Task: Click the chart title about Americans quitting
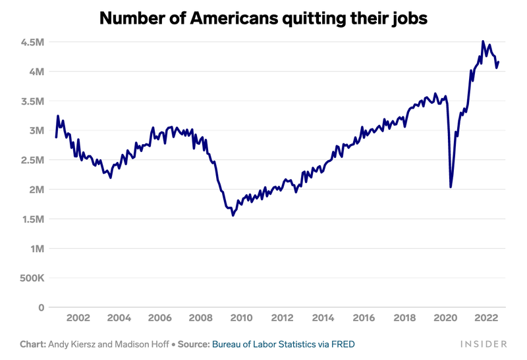click(263, 18)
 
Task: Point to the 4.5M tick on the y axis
click(31, 42)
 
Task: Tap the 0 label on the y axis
click(41, 307)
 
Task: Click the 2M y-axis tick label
click(36, 190)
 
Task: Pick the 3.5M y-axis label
click(31, 101)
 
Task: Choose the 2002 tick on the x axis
click(78, 318)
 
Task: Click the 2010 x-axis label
click(241, 318)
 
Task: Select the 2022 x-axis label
click(486, 318)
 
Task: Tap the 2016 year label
click(364, 318)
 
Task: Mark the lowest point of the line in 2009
click(233, 215)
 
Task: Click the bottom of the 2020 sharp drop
click(451, 187)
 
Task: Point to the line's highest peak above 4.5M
click(483, 41)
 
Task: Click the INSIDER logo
click(484, 344)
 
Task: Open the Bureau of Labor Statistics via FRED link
click(283, 344)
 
